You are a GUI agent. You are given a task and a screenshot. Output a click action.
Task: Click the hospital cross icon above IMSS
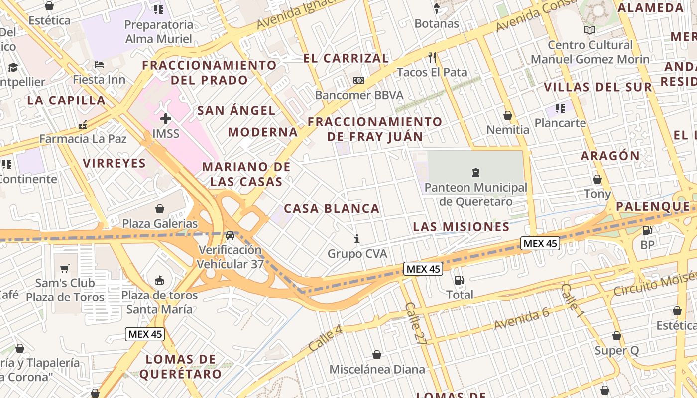[166, 119]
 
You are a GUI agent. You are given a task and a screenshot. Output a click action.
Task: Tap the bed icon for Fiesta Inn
[99, 65]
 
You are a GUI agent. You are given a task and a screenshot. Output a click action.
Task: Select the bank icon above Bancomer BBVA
[358, 80]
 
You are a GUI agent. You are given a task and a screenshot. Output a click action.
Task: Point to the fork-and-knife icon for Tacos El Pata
[432, 58]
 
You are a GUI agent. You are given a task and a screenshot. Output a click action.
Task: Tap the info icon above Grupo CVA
[357, 239]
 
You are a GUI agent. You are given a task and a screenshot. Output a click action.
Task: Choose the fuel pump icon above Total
[460, 280]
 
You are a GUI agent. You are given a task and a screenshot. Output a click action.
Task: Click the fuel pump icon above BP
[647, 230]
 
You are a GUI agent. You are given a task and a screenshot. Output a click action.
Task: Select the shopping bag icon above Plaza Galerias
[160, 209]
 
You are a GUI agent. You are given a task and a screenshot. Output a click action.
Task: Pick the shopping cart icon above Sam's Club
[65, 269]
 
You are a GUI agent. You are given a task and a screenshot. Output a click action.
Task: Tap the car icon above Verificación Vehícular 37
[230, 235]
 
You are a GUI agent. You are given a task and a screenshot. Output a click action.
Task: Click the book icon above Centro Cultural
[590, 30]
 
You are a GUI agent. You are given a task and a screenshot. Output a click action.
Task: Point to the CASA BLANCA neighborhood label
[332, 209]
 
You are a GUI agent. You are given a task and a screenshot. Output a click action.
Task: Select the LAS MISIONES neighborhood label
[461, 227]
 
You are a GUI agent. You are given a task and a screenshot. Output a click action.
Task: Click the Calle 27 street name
[416, 323]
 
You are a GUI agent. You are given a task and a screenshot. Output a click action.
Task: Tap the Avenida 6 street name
[521, 319]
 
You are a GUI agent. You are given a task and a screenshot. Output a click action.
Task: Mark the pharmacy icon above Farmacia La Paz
[83, 125]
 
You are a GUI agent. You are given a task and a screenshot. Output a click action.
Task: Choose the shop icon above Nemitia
[508, 116]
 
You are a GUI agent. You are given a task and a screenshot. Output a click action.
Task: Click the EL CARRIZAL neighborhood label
[346, 58]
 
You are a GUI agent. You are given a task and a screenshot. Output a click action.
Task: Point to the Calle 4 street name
[326, 337]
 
